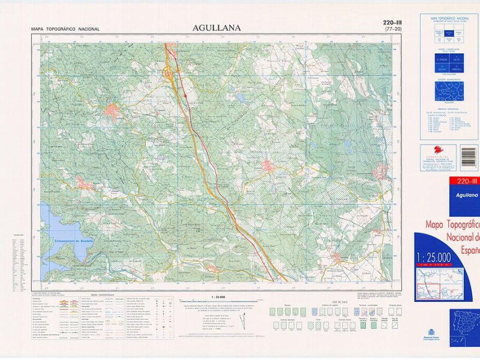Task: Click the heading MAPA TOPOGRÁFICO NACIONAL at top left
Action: (x=65, y=29)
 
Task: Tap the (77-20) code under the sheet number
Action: (x=394, y=29)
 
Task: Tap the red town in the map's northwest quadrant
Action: (x=112, y=110)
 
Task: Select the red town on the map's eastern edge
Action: (x=380, y=173)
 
